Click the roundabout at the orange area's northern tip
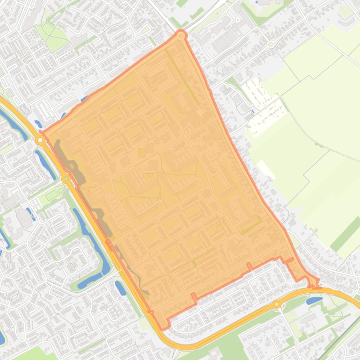pyautogui.click(x=181, y=36)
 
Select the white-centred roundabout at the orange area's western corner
pyautogui.click(x=41, y=140)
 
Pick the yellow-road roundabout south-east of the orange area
pyautogui.click(x=277, y=304)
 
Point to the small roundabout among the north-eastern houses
pyautogui.click(x=271, y=44)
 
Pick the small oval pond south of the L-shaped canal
pyautogui.click(x=120, y=288)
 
